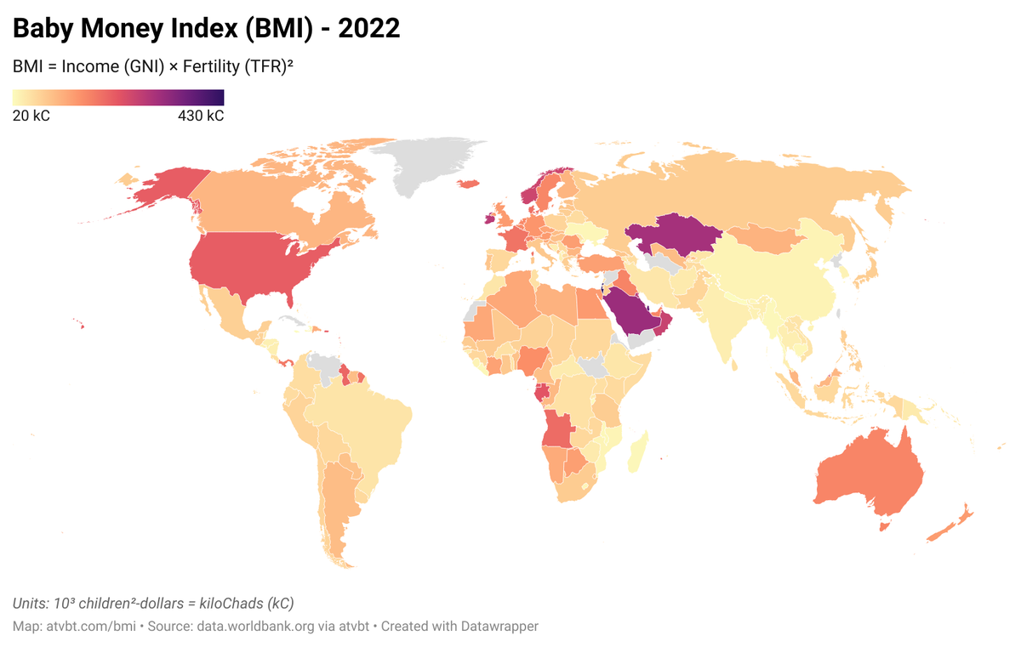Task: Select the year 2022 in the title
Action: (x=369, y=28)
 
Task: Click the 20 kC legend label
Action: (x=31, y=116)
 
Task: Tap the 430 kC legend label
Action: (x=201, y=116)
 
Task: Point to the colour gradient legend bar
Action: (x=118, y=97)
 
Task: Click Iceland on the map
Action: (x=468, y=184)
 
